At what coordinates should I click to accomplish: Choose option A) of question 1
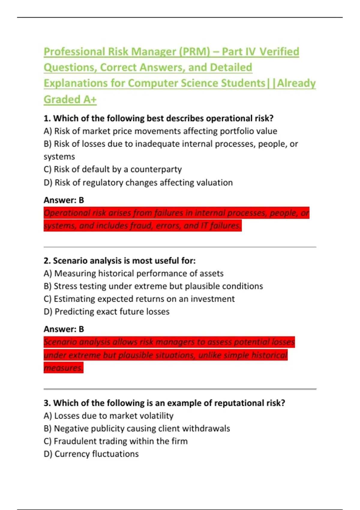(x=160, y=131)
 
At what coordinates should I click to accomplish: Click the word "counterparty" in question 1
(x=156, y=169)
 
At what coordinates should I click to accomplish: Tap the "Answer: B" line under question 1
(x=64, y=200)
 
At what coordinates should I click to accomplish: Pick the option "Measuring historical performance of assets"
(x=133, y=274)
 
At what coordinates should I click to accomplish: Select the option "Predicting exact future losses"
(x=106, y=312)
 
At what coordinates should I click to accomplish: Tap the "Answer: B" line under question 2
(x=64, y=329)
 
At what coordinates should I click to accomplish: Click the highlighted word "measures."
(x=63, y=368)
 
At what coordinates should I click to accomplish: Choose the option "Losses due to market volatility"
(x=109, y=416)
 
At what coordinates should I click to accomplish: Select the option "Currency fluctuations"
(x=91, y=454)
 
